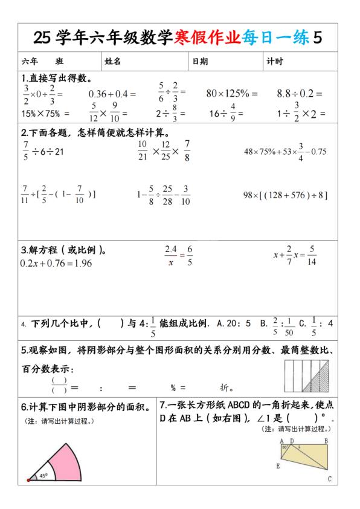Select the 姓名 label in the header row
point(113,62)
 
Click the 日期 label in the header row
point(200,62)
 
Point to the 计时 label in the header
point(275,62)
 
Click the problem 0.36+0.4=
point(112,94)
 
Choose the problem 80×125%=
point(232,94)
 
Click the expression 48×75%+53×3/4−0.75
point(285,152)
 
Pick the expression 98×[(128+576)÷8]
point(285,195)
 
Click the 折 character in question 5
point(227,387)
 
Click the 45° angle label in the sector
point(43,475)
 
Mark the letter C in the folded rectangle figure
point(330,480)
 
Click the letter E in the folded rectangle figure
point(278,466)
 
